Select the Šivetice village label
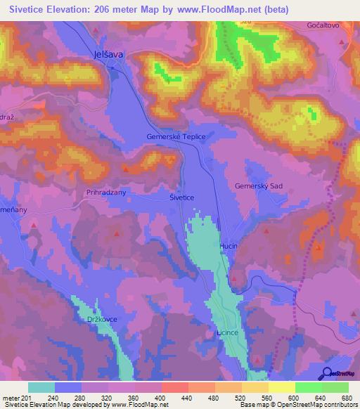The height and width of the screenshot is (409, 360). click(181, 198)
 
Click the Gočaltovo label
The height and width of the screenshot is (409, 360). click(323, 25)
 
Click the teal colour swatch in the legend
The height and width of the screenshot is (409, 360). click(41, 387)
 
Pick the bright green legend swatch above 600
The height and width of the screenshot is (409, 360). click(308, 387)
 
